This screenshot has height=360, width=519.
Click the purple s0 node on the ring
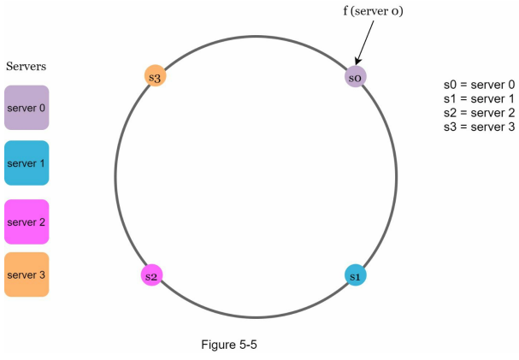click(356, 77)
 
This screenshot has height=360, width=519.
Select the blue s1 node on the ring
click(356, 275)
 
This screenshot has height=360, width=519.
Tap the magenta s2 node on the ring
click(151, 275)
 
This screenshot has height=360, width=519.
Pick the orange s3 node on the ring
click(155, 76)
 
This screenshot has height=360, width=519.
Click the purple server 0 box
click(27, 108)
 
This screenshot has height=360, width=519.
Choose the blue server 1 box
click(27, 162)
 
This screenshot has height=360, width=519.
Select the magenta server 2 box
click(27, 221)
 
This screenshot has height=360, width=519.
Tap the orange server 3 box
click(27, 274)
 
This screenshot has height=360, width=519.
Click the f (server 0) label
click(373, 11)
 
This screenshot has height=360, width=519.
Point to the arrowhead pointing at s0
click(357, 62)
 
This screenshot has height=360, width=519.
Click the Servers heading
click(26, 66)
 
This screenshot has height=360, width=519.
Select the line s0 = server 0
click(480, 85)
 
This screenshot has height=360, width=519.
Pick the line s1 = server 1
click(480, 98)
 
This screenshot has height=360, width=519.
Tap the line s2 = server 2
click(480, 113)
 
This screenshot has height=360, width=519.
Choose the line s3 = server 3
click(480, 127)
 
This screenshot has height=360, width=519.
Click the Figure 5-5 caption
click(229, 345)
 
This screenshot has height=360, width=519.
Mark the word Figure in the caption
click(218, 345)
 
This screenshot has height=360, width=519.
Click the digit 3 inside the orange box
click(42, 274)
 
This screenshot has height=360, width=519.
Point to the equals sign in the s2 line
click(463, 113)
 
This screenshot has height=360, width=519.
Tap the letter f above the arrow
click(345, 10)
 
